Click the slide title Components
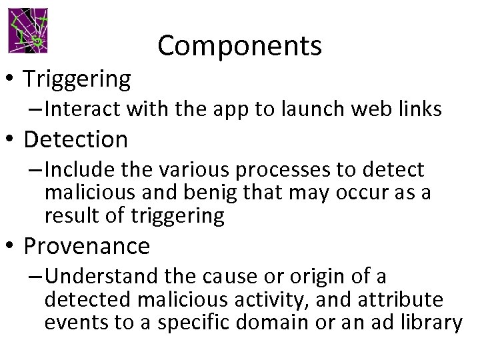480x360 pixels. [x=240, y=45]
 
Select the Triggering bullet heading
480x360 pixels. [x=77, y=79]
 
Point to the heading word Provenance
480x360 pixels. [x=87, y=246]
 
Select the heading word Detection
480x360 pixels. [x=75, y=139]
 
